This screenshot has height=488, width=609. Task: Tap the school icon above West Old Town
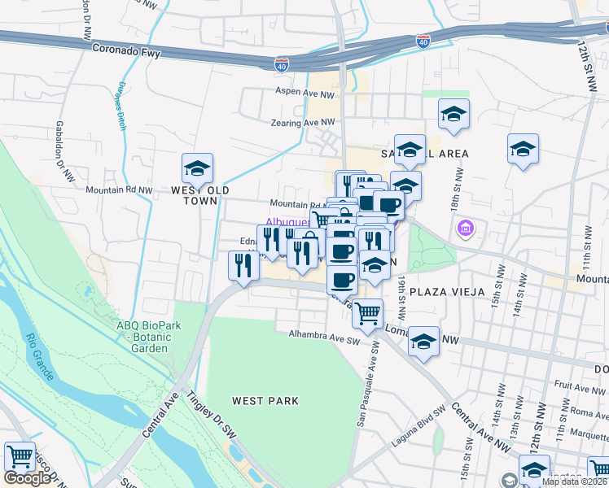coord(197,169)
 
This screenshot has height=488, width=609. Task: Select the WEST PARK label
coord(265,401)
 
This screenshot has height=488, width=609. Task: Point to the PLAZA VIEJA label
coord(447,291)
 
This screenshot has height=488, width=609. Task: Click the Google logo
coord(27,478)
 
